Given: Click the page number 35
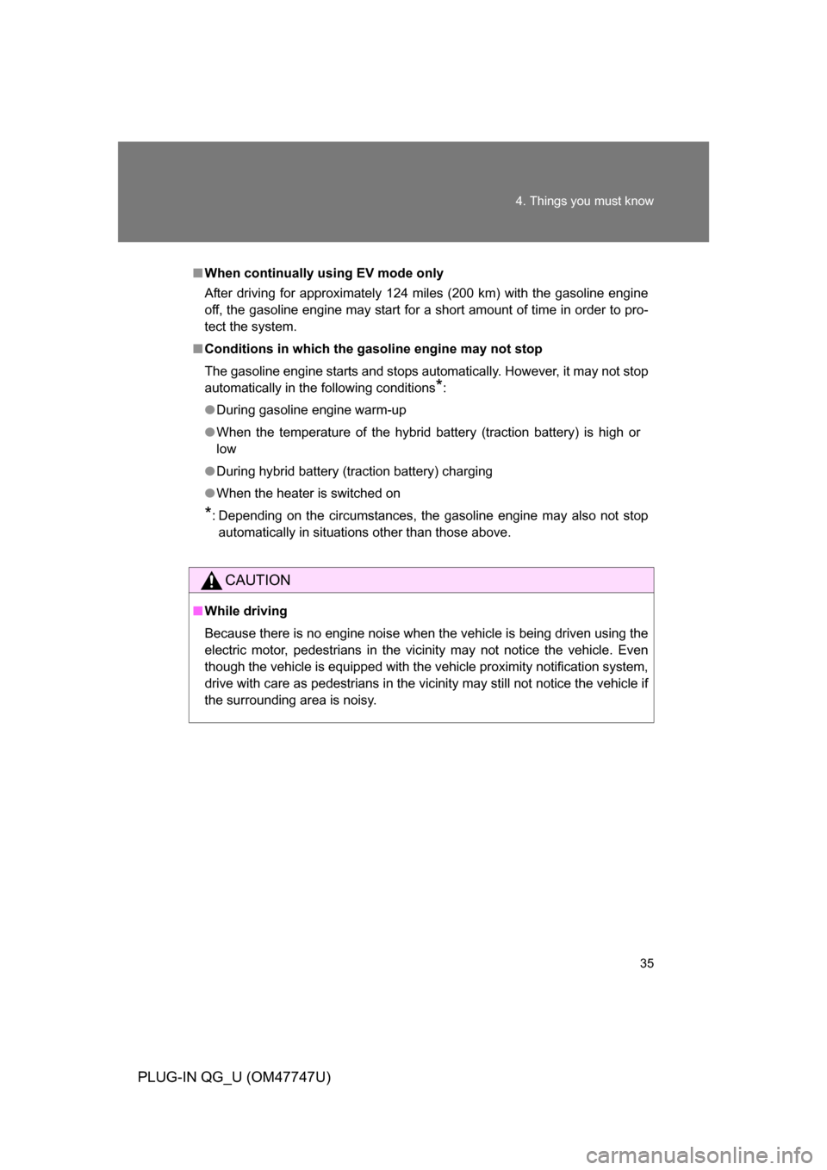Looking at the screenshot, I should [x=647, y=963].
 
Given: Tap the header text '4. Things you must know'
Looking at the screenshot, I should [x=584, y=201].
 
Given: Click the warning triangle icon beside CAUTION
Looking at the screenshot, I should [x=211, y=581].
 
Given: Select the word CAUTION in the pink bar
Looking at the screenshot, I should [x=258, y=581].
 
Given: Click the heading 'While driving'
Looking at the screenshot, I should [x=246, y=611].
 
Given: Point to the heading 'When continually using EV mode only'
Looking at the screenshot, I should [x=324, y=273].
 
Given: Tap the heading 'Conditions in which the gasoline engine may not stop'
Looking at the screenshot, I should [x=373, y=349].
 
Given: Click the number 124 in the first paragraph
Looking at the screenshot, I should [x=398, y=293].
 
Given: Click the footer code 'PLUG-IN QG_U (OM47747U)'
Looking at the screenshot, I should [x=233, y=1077].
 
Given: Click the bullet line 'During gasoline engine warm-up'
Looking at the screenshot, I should [x=311, y=410].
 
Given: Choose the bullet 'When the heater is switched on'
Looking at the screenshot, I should [x=308, y=493].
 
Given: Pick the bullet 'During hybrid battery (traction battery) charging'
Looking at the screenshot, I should [x=354, y=471].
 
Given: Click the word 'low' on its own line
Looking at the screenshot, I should [x=226, y=449].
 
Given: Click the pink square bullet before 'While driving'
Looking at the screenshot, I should [x=197, y=611].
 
